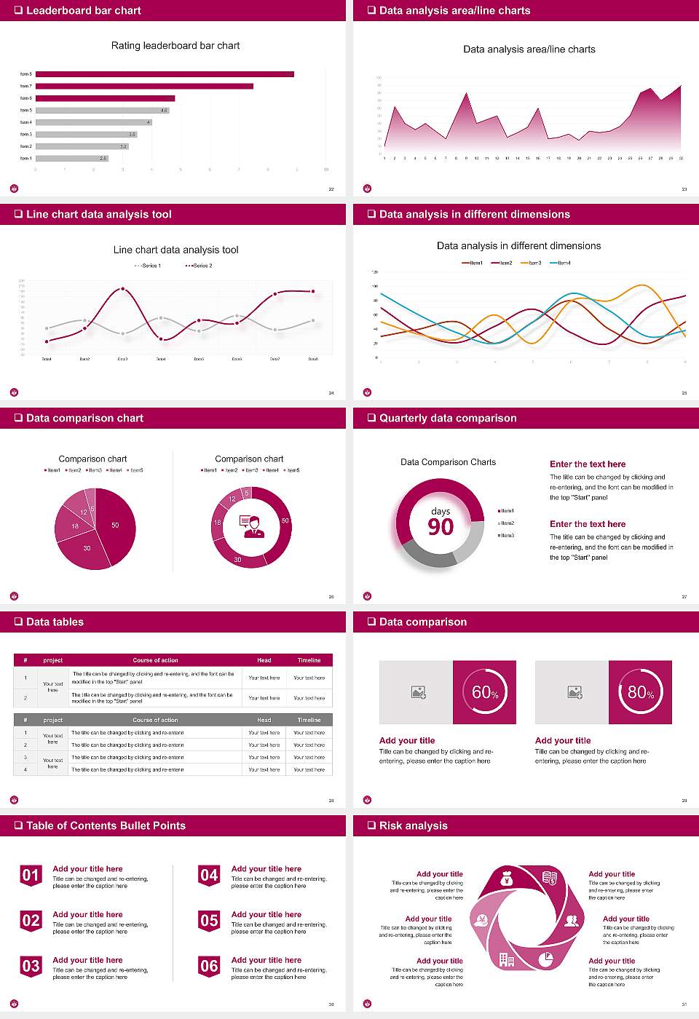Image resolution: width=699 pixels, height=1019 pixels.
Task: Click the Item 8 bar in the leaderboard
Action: pos(165,74)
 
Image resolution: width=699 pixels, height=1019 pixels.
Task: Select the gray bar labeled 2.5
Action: pos(72,158)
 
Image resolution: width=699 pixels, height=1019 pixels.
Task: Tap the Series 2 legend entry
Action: pos(199,266)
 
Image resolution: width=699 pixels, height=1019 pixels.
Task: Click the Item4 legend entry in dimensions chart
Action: pos(561,263)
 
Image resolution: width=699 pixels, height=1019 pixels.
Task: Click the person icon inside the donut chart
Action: pos(251,526)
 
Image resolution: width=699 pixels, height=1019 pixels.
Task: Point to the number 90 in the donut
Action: pos(441,527)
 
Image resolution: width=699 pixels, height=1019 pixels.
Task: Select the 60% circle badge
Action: pos(485,692)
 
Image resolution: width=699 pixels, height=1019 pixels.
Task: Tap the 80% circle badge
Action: pos(641,692)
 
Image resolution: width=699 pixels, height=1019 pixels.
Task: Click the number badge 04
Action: pos(209,875)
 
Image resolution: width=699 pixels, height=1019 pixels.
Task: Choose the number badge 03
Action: pos(31,966)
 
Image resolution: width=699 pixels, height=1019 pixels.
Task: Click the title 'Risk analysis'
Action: pos(413,825)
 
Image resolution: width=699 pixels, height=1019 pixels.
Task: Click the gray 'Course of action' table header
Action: pos(155,720)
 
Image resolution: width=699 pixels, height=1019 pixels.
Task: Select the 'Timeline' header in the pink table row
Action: pos(309,660)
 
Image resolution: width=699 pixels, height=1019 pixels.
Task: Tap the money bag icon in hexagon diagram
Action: pos(507,880)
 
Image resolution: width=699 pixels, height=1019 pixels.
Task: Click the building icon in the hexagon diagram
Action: pos(506,960)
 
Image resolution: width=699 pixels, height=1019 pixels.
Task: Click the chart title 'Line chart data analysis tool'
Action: pos(175,250)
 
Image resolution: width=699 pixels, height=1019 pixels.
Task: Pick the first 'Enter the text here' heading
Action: pos(588,464)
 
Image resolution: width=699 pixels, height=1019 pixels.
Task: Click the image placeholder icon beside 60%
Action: pos(418,692)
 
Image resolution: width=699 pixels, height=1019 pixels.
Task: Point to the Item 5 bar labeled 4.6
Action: pos(102,110)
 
